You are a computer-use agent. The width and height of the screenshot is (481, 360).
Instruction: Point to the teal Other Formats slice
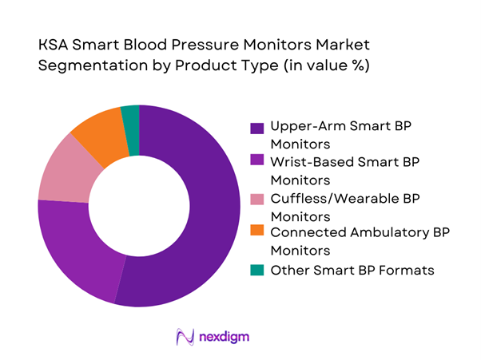(x=130, y=119)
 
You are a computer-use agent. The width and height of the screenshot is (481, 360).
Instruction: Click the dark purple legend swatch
(x=256, y=129)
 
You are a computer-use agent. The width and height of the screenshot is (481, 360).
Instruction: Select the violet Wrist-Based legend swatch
(x=256, y=164)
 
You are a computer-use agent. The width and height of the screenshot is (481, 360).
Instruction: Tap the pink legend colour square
(x=256, y=199)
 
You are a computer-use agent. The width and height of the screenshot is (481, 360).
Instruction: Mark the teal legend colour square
(x=256, y=271)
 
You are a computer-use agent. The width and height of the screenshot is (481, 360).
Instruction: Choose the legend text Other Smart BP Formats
(x=352, y=270)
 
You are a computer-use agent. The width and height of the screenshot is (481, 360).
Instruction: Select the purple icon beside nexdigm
(x=185, y=336)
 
